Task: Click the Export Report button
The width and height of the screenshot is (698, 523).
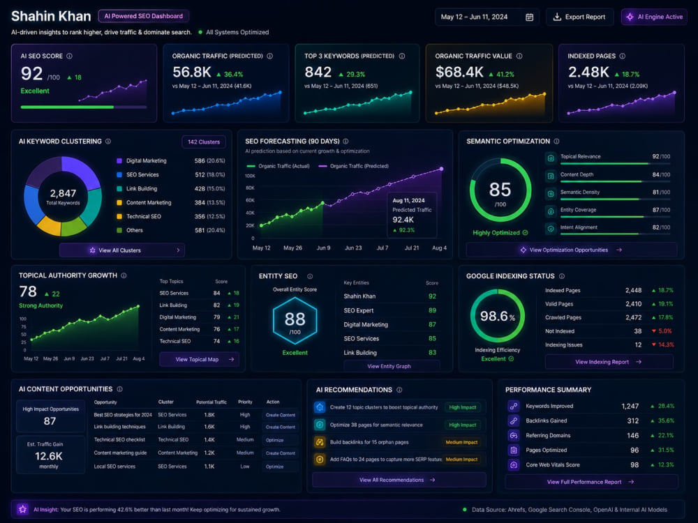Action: pyautogui.click(x=579, y=17)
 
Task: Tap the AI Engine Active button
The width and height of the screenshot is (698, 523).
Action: pyautogui.click(x=655, y=17)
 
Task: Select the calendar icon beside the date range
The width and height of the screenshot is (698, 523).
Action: pyautogui.click(x=529, y=17)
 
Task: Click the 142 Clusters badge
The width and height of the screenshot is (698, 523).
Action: pyautogui.click(x=203, y=142)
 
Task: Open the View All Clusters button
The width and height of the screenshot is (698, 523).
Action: pyautogui.click(x=122, y=250)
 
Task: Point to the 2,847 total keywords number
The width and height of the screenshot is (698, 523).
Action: pyautogui.click(x=63, y=193)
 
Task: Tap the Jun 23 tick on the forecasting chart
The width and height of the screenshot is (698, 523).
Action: pyautogui.click(x=353, y=248)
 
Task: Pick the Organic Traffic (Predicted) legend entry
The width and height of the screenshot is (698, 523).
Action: pyautogui.click(x=354, y=166)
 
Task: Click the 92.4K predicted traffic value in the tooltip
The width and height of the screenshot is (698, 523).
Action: pyautogui.click(x=403, y=220)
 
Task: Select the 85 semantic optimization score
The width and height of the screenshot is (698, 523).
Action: pyautogui.click(x=500, y=190)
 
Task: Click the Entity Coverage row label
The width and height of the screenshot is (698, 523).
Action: pyautogui.click(x=578, y=210)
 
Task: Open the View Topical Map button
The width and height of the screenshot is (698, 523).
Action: pyautogui.click(x=199, y=359)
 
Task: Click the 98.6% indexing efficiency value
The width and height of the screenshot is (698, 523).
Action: pyautogui.click(x=497, y=316)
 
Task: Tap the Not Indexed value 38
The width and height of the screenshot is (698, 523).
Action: pyautogui.click(x=637, y=331)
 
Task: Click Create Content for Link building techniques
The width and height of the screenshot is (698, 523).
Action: pyautogui.click(x=281, y=427)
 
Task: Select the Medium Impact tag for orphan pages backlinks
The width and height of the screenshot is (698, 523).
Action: pyautogui.click(x=461, y=442)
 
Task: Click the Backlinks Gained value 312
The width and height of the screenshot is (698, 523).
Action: pyautogui.click(x=633, y=420)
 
